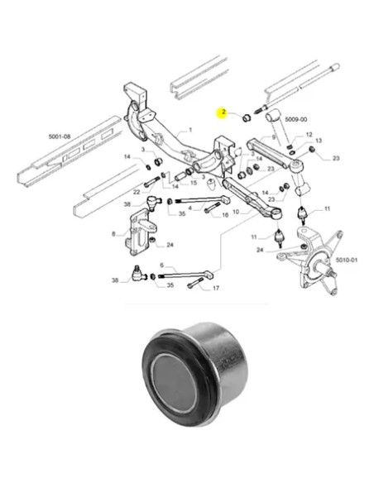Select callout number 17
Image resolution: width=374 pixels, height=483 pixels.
tap(216, 289)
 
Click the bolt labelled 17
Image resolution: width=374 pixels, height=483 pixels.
tap(194, 286)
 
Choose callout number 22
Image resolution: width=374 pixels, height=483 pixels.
tap(137, 193)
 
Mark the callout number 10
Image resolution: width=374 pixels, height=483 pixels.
tap(236, 213)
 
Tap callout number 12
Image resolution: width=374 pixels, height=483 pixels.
tap(309, 134)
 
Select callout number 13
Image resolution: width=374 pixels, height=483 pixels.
tap(318, 141)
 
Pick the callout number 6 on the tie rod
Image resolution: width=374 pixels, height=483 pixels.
tap(162, 265)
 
